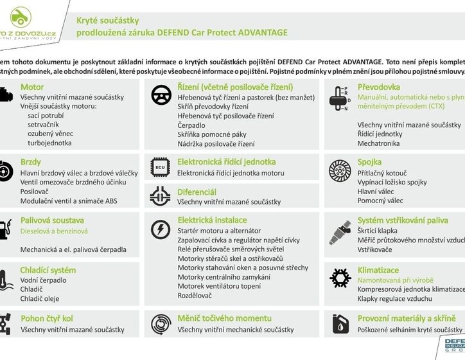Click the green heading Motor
pos(32,87)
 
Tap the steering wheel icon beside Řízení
pos(160,95)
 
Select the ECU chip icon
pos(160,166)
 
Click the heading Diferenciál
pos(197,192)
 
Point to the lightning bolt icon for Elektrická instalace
pos(160,230)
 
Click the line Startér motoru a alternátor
pos(219,230)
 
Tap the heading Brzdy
pos(31,162)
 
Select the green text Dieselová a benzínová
pos(54,231)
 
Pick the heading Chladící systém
pos(48,270)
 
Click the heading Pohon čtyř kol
pos(47,319)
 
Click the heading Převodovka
pos(379,87)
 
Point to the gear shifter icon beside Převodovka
pos(338,99)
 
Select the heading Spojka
pos(369,162)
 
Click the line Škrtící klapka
pos(378,230)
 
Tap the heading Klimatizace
pos(378,270)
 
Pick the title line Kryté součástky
pos(108,21)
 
